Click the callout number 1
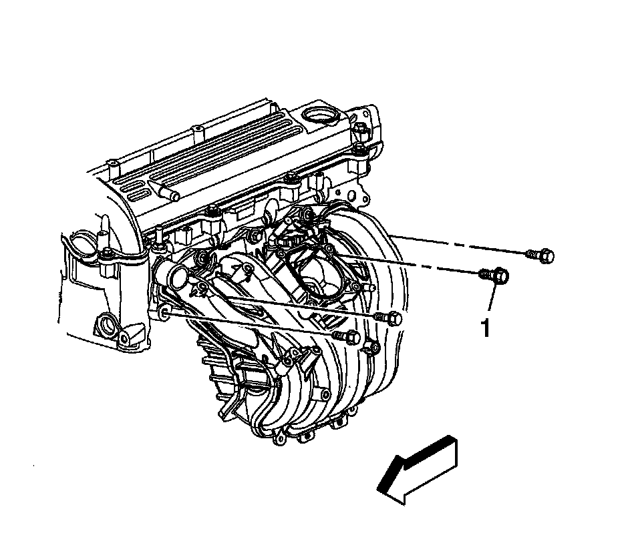tap(486, 328)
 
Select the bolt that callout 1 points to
tap(494, 276)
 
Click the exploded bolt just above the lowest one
tap(388, 318)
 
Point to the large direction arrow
tap(418, 470)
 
